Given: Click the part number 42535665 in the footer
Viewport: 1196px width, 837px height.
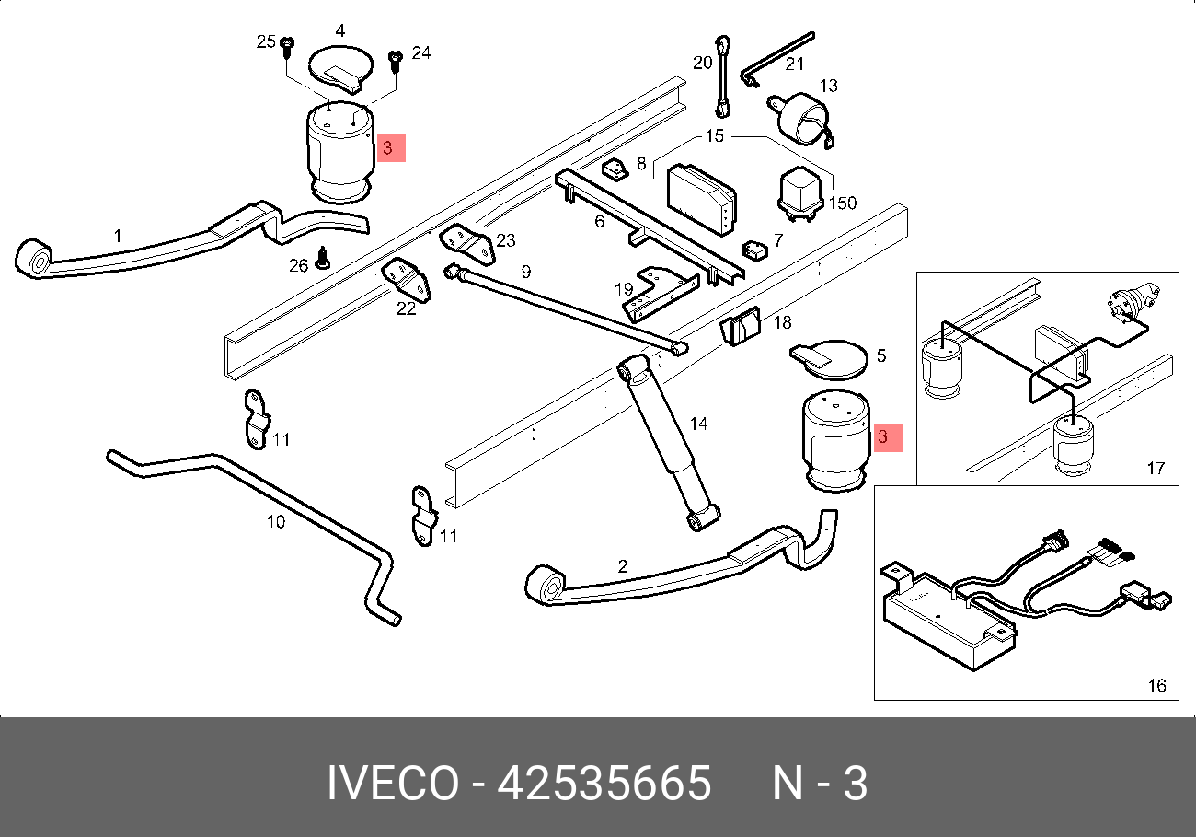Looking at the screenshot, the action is click(604, 784).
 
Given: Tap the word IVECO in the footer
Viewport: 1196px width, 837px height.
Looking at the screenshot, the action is click(393, 784).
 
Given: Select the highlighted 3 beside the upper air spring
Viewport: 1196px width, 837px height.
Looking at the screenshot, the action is click(391, 147).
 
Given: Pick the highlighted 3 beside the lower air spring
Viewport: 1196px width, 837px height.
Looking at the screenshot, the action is click(888, 437).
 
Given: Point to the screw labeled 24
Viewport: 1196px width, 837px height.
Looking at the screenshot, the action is click(395, 61).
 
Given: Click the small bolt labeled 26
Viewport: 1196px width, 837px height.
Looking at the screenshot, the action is click(322, 258).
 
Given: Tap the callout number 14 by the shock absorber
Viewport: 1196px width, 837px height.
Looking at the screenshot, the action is click(698, 424).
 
